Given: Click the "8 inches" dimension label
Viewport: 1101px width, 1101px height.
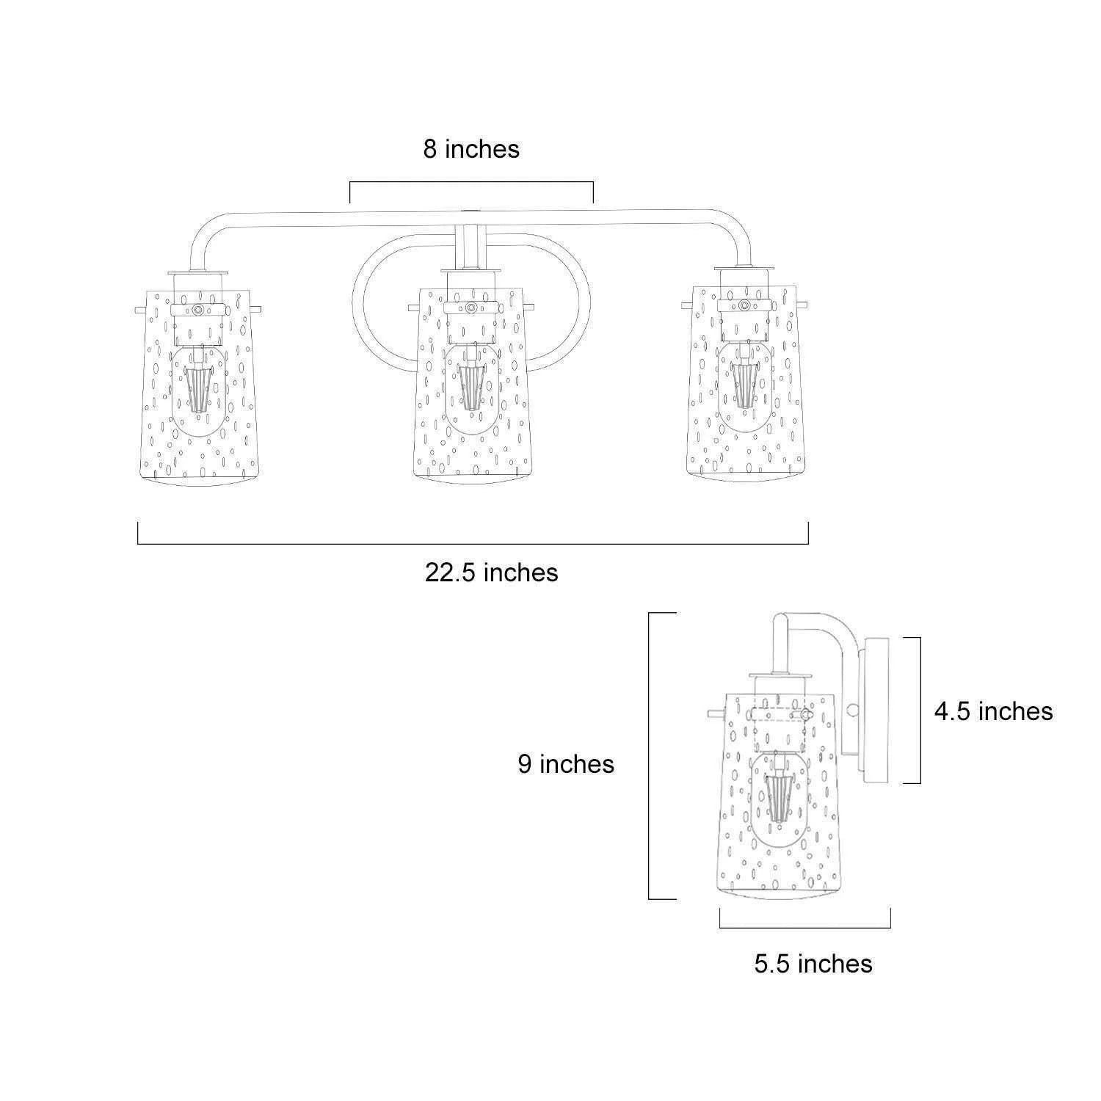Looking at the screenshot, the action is pyautogui.click(x=471, y=149).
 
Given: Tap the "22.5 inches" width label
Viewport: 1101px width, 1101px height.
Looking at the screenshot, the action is pyautogui.click(x=491, y=573).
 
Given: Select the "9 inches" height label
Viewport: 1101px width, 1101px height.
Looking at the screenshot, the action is pyautogui.click(x=566, y=764).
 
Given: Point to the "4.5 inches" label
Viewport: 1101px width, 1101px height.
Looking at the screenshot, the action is pyautogui.click(x=993, y=711).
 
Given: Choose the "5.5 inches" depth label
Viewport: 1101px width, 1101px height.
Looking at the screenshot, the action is pyautogui.click(x=813, y=964).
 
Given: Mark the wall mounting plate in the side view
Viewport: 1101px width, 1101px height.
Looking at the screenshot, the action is pyautogui.click(x=878, y=711).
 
